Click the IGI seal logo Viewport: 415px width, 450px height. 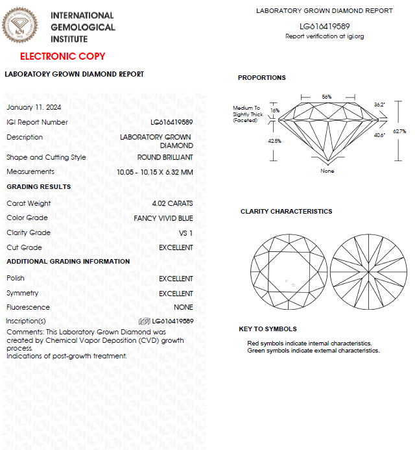(23, 25)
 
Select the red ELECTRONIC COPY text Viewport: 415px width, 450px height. (62, 56)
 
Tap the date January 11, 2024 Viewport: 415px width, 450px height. (34, 107)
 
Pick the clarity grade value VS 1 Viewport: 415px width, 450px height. (185, 232)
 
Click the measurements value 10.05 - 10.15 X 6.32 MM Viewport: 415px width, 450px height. (154, 172)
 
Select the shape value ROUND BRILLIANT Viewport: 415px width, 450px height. (165, 157)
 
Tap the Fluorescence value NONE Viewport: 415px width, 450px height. (183, 307)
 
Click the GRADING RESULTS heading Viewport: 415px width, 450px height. (38, 187)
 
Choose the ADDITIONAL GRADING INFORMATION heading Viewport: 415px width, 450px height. (68, 262)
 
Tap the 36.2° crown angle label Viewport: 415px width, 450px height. (379, 104)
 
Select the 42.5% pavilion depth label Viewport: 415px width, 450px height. (275, 140)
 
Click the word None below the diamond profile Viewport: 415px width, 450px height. (327, 171)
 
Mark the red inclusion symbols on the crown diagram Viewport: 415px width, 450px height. (290, 282)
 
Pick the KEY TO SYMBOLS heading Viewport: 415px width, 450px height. (268, 329)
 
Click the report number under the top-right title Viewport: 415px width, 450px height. (324, 26)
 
